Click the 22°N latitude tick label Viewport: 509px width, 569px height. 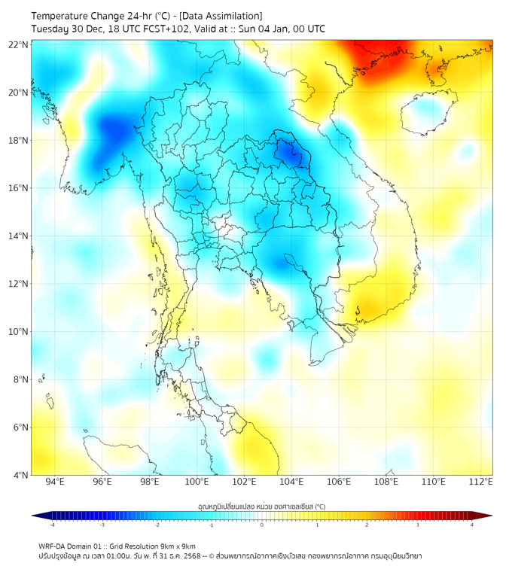[18, 44]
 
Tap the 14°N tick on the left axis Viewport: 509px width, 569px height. [18, 236]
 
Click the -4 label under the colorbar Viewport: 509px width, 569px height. [51, 525]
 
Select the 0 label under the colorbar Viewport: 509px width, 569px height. [262, 525]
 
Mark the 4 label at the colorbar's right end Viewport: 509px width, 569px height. [472, 525]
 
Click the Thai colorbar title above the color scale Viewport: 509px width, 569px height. [261, 506]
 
